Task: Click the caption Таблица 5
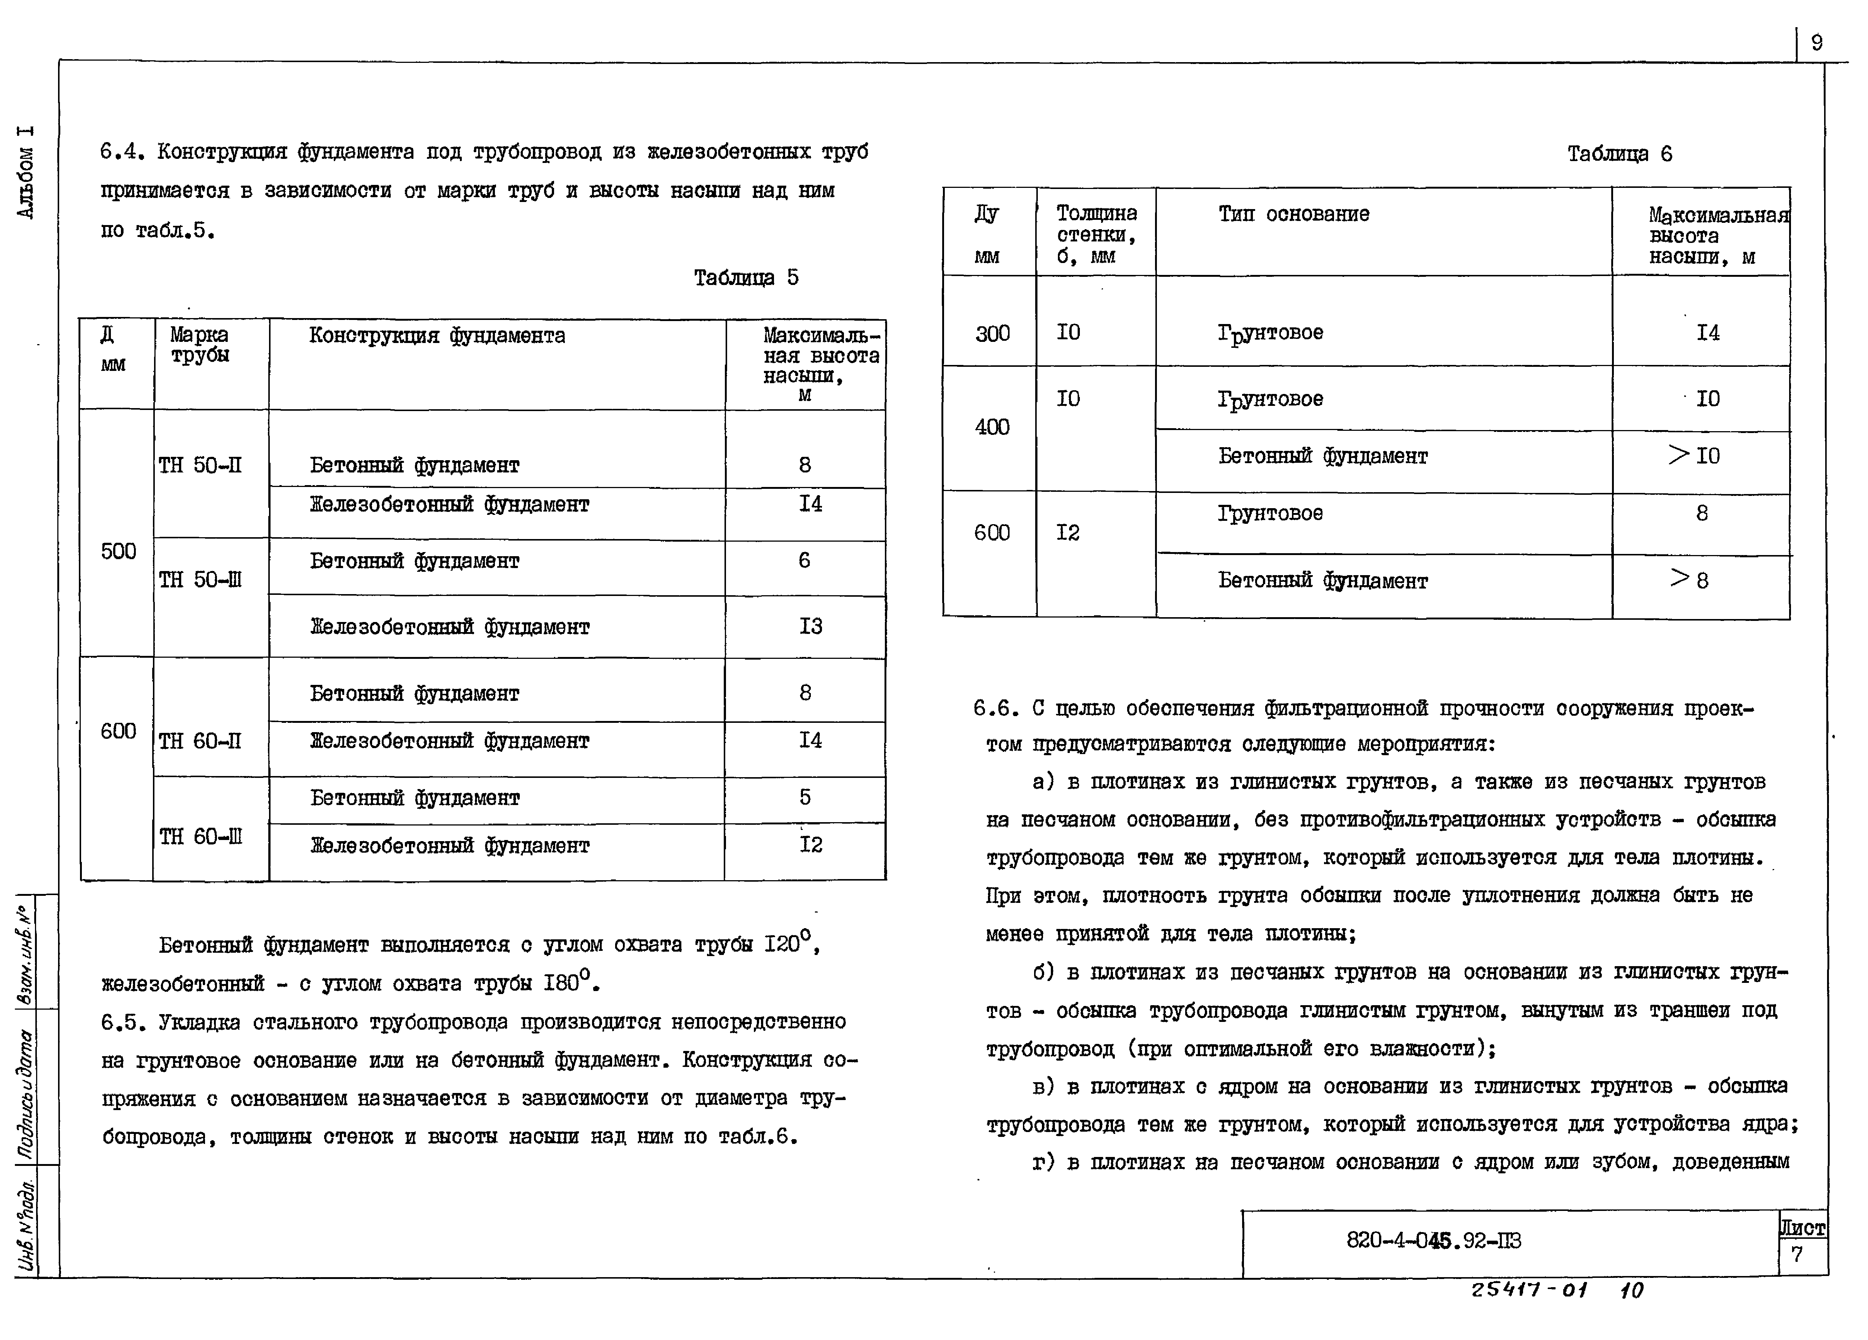pos(745,278)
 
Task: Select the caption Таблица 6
pos(1619,154)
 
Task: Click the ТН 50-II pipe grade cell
pos(200,465)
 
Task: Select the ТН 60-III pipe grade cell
pos(201,837)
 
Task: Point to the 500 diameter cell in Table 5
pos(118,551)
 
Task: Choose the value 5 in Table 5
pos(805,797)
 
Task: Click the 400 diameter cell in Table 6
pos(992,427)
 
